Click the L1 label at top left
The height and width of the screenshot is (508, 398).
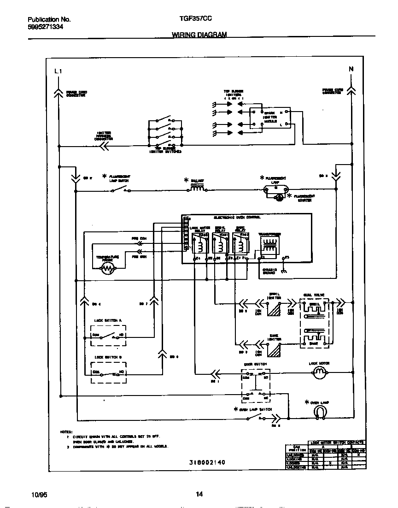(58, 71)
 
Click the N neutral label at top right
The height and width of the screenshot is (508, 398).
(351, 69)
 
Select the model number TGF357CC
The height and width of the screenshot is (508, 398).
(195, 20)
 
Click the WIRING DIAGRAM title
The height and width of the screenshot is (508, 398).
(199, 35)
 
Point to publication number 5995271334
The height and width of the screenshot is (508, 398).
(46, 27)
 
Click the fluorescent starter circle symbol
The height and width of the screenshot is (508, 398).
(278, 198)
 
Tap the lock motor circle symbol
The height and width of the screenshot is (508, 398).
(319, 374)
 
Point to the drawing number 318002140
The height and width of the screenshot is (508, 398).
(207, 462)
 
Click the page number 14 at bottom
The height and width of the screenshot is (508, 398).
(199, 495)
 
